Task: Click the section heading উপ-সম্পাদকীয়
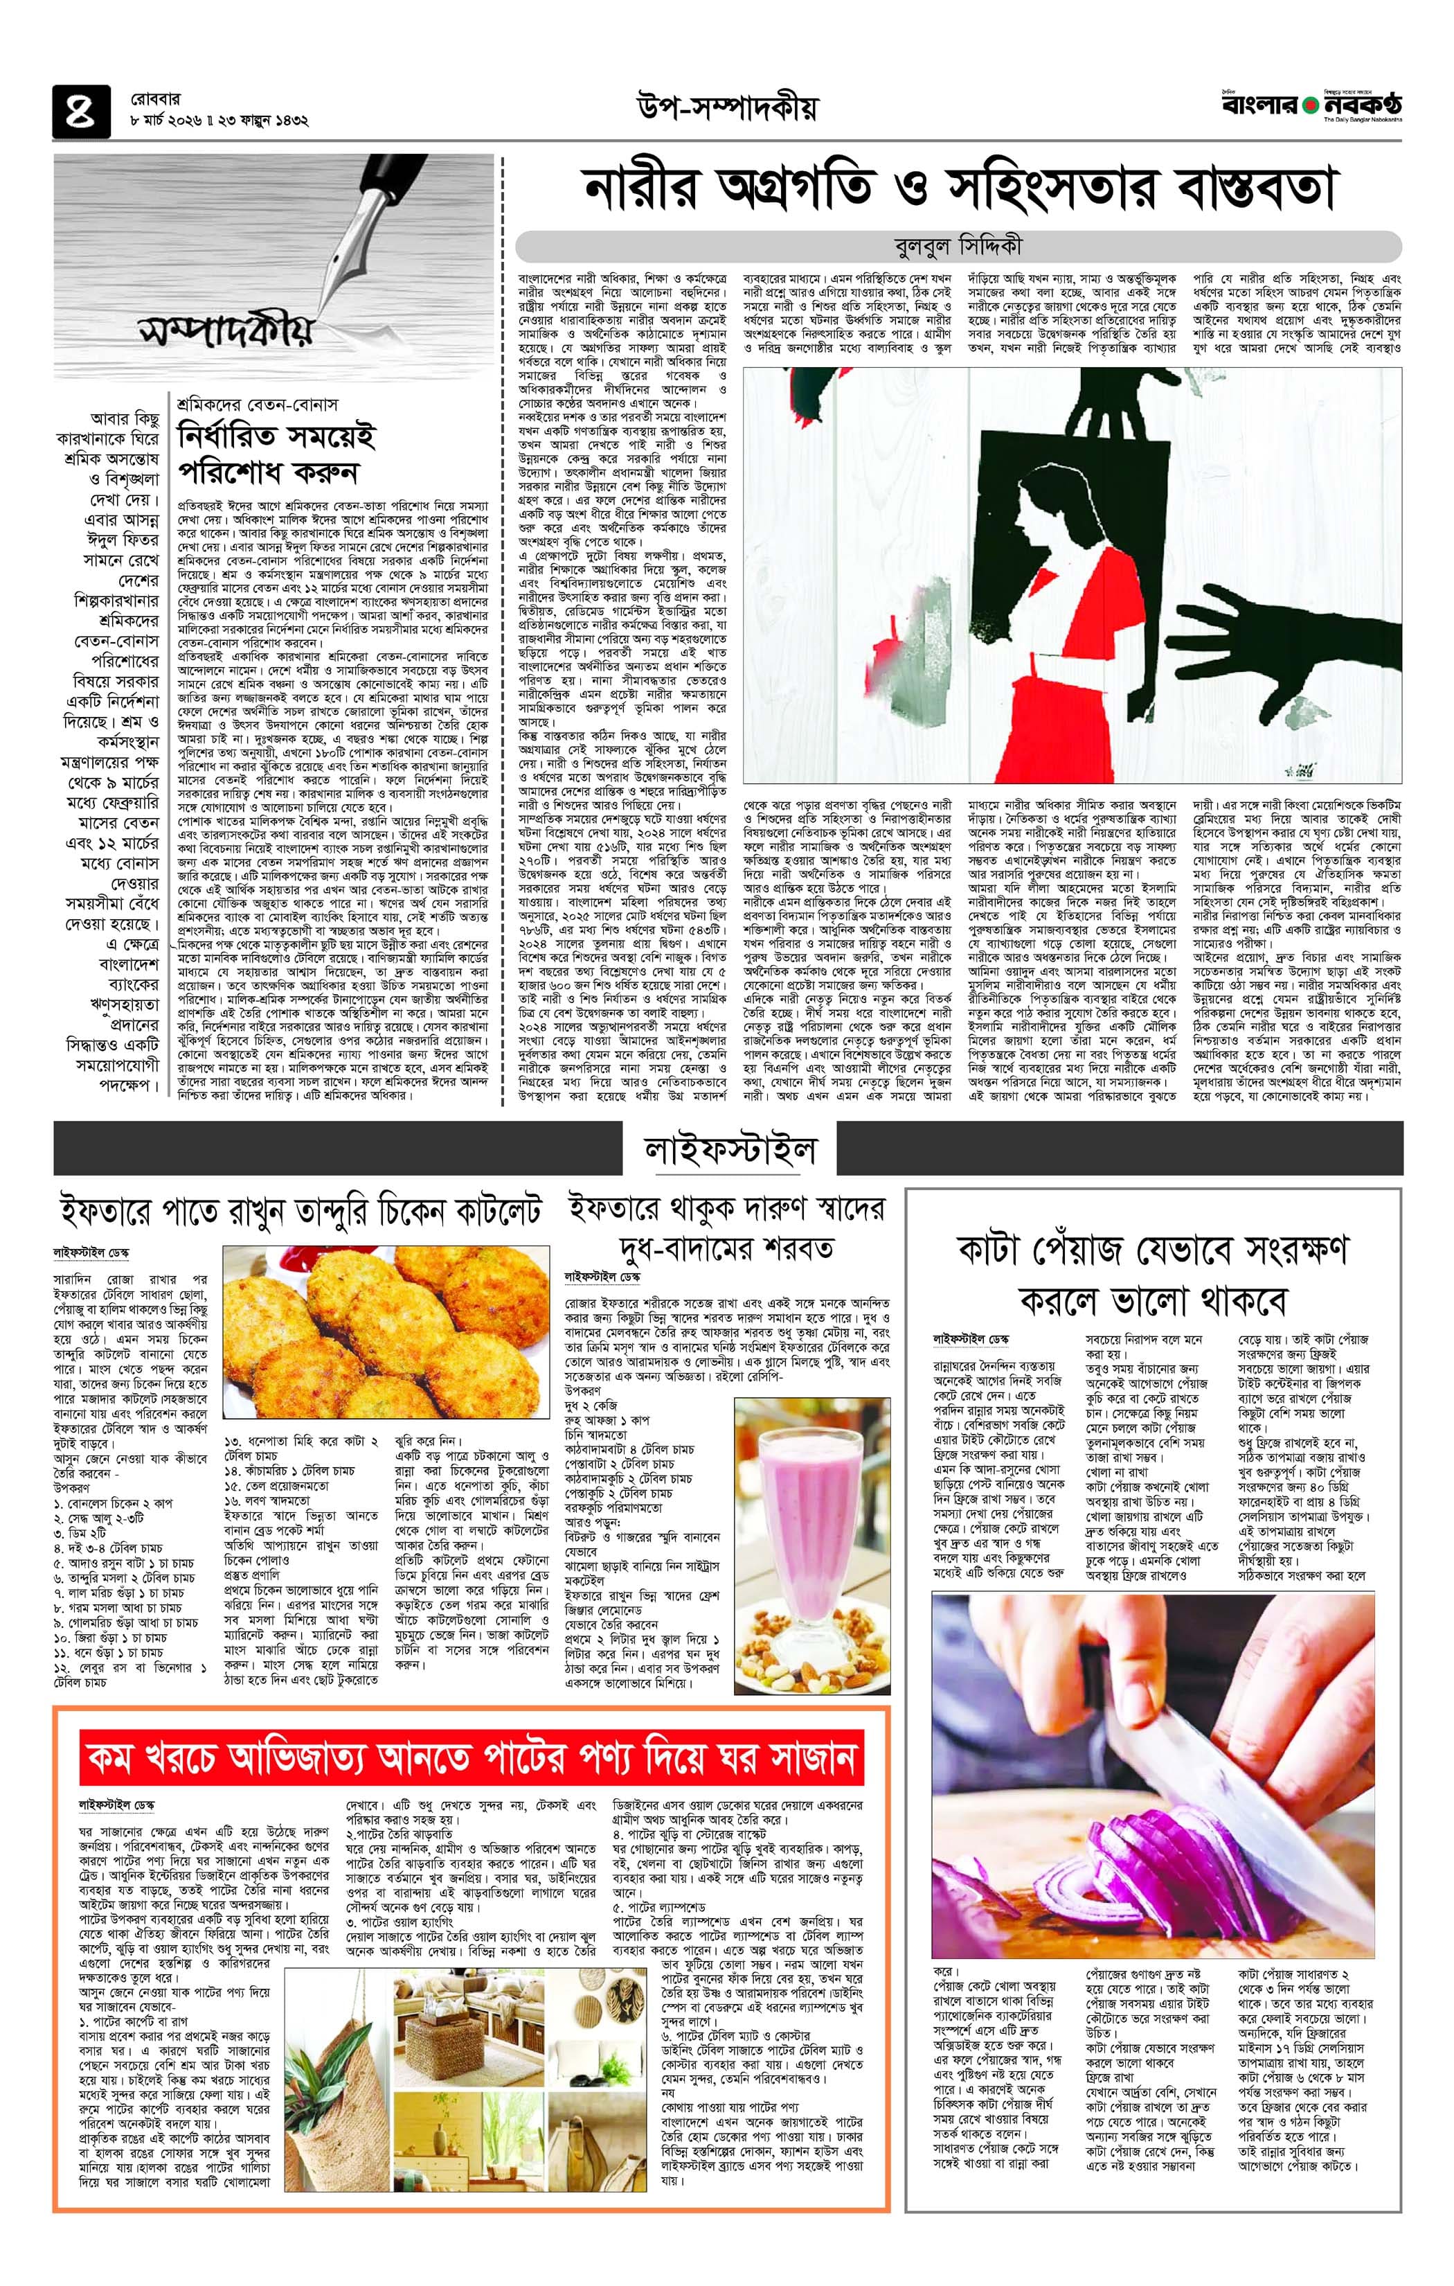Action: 726,110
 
